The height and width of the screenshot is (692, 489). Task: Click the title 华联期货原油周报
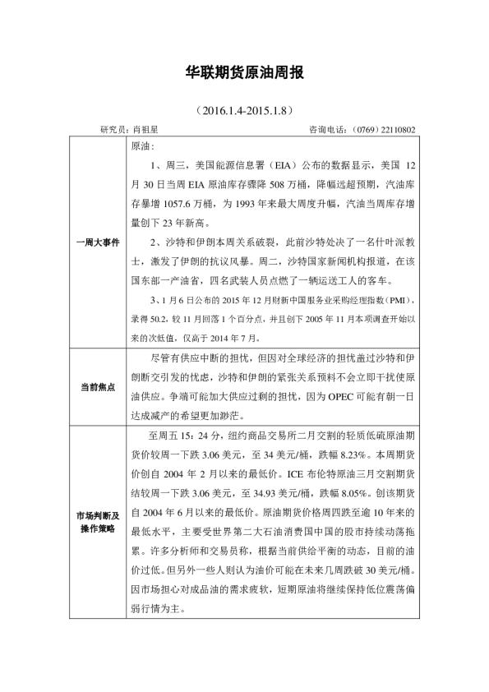point(244,73)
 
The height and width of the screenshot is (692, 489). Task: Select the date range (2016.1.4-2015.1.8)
point(243,108)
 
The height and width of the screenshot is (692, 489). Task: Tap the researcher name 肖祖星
point(145,129)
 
